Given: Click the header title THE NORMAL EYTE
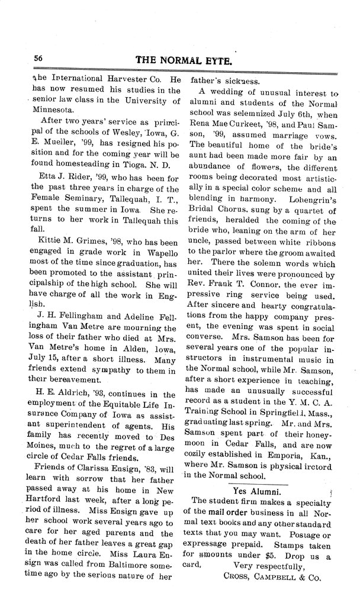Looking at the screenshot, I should (192, 60).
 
